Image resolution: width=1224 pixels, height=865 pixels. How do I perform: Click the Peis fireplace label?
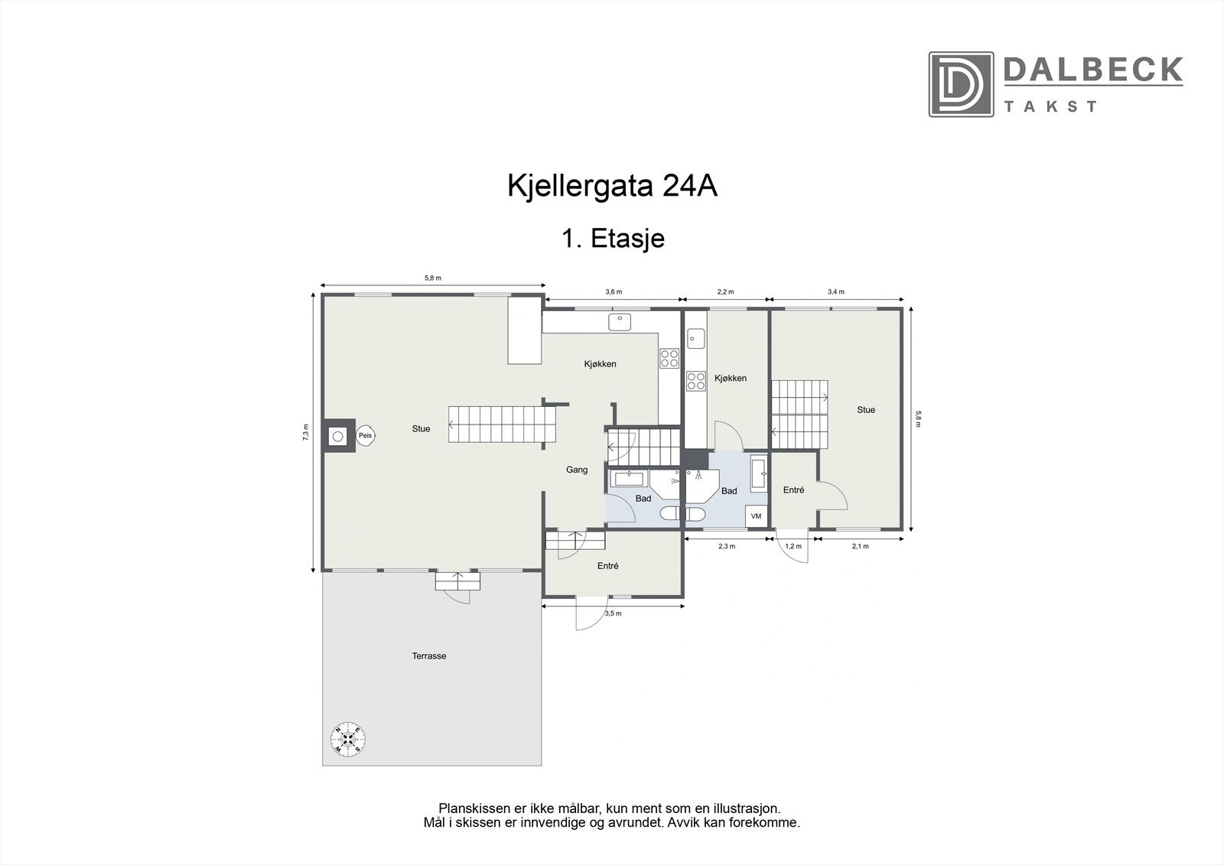click(x=366, y=435)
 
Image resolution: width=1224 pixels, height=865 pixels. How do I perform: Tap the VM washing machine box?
click(x=757, y=516)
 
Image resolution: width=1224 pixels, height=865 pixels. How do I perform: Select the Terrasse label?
click(x=429, y=656)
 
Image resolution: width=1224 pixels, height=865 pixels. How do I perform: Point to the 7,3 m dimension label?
click(x=305, y=432)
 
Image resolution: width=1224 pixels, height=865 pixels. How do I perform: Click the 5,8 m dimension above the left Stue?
click(x=433, y=278)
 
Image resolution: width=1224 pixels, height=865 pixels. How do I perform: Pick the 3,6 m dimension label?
click(x=614, y=292)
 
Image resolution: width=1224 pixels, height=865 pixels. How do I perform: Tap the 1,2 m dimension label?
click(x=794, y=546)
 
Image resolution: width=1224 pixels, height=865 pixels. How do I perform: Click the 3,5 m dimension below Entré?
click(x=614, y=613)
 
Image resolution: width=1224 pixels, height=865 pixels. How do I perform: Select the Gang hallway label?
click(x=577, y=470)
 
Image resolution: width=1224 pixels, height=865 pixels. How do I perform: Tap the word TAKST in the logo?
click(x=1050, y=106)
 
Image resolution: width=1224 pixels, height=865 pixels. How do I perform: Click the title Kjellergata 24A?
click(x=613, y=186)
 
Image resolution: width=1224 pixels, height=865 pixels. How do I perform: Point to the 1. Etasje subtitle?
click(x=613, y=239)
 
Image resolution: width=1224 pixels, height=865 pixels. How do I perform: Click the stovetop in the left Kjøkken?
click(x=669, y=357)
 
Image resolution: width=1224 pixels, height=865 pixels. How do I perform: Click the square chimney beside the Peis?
click(x=337, y=436)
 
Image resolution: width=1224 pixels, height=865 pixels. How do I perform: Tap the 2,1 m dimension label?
click(x=860, y=546)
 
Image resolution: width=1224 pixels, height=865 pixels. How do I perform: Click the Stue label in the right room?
click(x=866, y=410)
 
